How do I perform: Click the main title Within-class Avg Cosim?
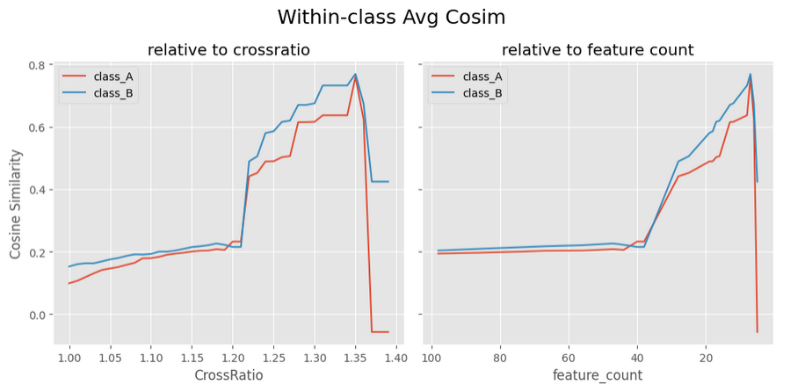coord(391,18)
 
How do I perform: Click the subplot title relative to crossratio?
coord(228,50)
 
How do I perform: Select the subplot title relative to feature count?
coord(598,50)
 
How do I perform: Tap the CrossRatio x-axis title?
coord(228,375)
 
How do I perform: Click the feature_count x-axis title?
coord(598,375)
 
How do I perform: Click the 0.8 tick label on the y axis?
coord(39,66)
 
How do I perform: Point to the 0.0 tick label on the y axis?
coord(39,315)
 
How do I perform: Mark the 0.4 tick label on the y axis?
coord(39,190)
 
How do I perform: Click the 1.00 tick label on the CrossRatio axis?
coord(69,358)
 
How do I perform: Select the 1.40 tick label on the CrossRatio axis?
coord(395,358)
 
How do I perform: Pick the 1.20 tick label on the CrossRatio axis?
coord(233,358)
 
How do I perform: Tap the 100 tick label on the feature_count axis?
coord(431,358)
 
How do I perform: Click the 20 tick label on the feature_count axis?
coord(707,358)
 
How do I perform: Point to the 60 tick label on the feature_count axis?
coord(569,358)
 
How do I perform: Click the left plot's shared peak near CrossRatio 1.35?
coord(355,75)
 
